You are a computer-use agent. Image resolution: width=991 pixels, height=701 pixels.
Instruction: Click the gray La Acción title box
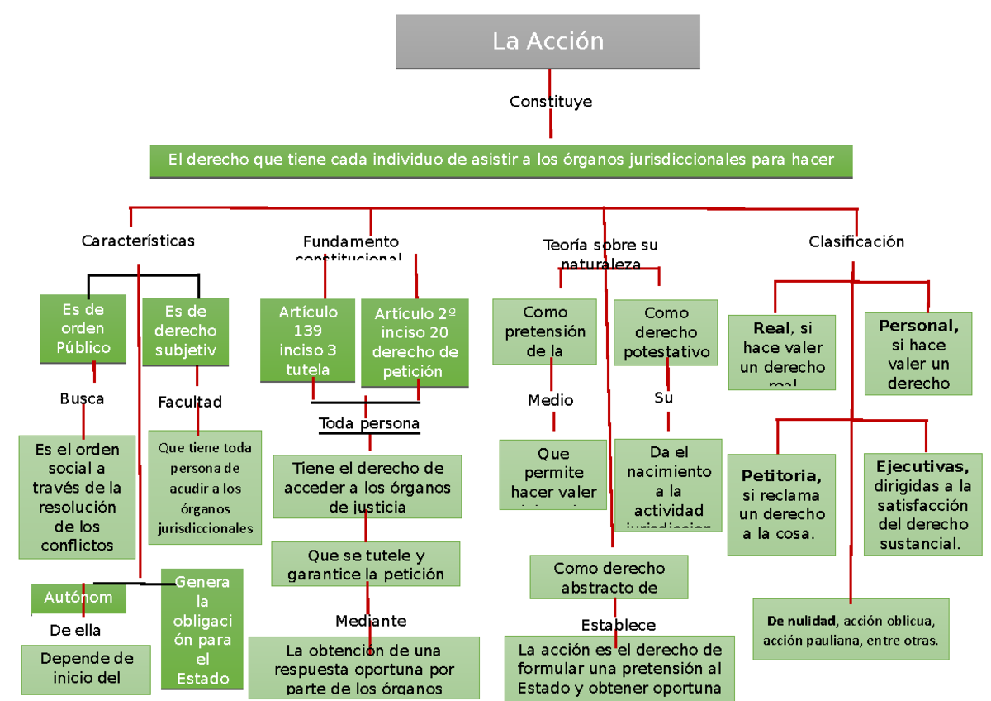click(x=548, y=41)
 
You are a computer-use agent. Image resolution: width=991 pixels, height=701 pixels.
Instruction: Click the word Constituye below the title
click(x=550, y=102)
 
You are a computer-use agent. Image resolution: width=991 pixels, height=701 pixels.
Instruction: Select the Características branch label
click(x=138, y=241)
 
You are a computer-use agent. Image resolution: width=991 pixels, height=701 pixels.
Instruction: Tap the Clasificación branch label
click(x=856, y=241)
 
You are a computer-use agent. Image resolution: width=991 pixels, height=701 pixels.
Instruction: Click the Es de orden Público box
click(x=83, y=329)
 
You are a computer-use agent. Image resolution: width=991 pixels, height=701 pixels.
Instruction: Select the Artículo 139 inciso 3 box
click(x=308, y=341)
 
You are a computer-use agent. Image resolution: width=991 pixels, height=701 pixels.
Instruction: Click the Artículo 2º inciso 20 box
click(x=415, y=342)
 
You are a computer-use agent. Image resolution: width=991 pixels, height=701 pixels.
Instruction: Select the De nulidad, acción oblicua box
click(x=850, y=630)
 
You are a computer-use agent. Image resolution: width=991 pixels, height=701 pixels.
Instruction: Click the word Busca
click(x=82, y=398)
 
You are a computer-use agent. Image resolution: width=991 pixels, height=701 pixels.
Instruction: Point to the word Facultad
click(x=190, y=403)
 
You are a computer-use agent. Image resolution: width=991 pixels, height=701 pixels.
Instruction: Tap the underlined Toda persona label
click(x=369, y=424)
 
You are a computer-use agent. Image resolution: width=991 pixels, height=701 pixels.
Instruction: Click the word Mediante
click(x=371, y=621)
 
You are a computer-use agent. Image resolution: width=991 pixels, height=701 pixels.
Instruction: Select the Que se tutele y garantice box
click(x=365, y=565)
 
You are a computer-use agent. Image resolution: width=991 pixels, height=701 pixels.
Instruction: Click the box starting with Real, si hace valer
click(x=782, y=352)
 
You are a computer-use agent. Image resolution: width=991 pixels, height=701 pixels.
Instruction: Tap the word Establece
click(x=618, y=625)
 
